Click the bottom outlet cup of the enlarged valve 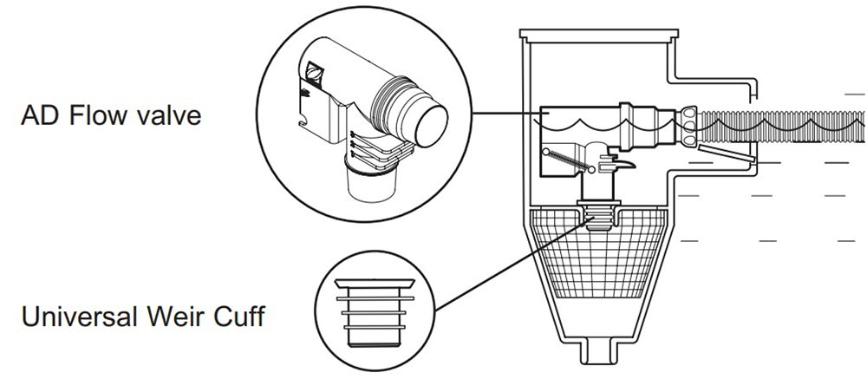click(x=370, y=182)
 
